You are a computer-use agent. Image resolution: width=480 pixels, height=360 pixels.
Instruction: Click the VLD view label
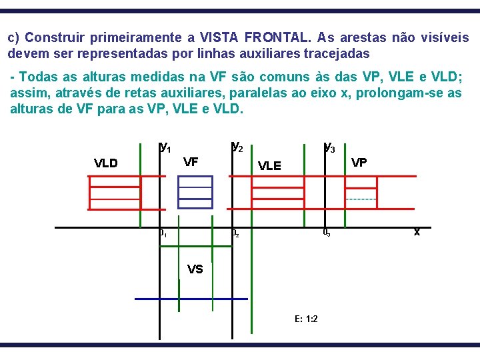tap(106, 163)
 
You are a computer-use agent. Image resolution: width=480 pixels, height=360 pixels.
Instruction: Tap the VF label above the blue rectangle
tap(191, 161)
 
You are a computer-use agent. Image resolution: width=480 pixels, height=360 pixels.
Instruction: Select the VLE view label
tap(269, 166)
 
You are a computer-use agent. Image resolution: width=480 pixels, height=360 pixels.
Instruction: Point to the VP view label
tap(359, 162)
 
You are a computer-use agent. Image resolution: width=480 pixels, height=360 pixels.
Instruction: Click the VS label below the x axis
tap(195, 269)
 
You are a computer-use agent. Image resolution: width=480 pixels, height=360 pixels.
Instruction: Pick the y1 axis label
tap(165, 146)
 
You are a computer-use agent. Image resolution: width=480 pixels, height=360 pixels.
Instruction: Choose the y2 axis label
tap(237, 146)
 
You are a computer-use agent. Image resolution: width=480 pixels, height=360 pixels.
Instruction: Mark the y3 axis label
tap(329, 147)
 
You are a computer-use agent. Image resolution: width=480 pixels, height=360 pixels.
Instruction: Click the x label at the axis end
tap(417, 232)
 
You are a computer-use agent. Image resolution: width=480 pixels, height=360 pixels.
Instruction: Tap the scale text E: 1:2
tap(305, 318)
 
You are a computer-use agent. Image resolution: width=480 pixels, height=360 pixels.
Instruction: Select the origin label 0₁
tap(163, 234)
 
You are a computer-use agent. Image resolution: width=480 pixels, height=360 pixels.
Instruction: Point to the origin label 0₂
tap(235, 234)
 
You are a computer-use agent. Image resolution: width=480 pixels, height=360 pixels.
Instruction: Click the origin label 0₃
tap(326, 233)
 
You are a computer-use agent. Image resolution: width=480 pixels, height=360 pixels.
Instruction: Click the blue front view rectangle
tap(195, 192)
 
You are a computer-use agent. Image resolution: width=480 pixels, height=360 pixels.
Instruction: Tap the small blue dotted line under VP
tap(361, 199)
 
